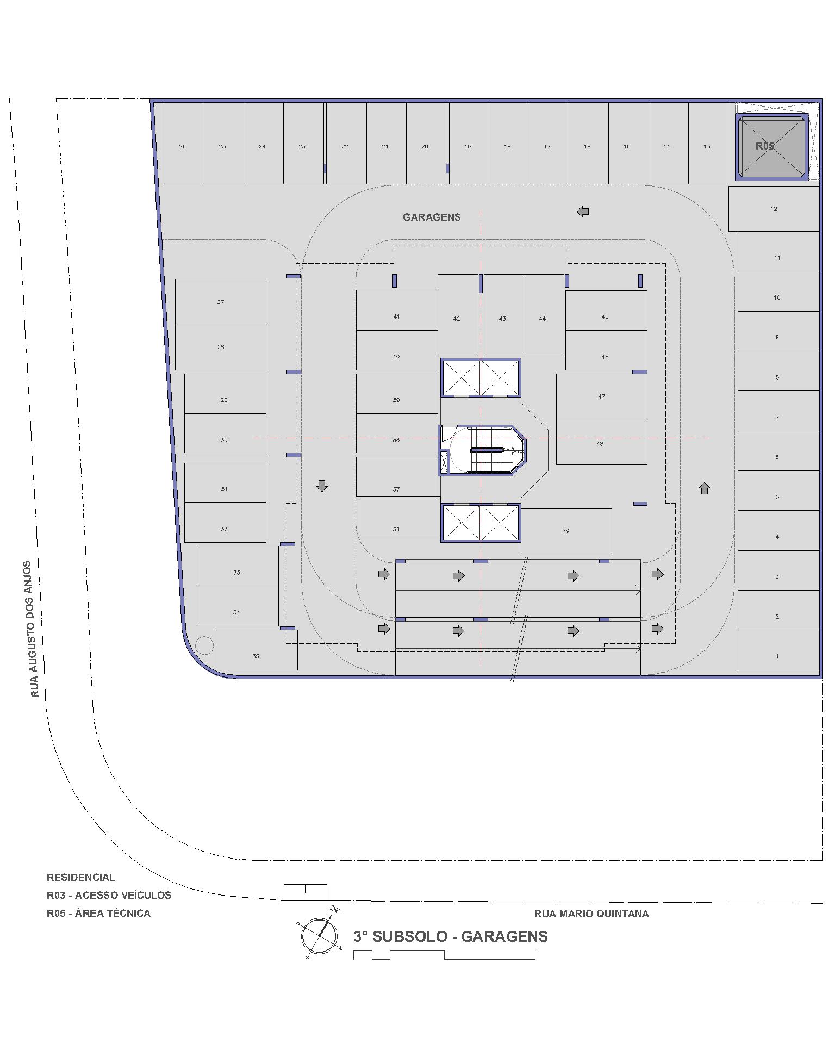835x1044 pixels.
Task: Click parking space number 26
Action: [x=184, y=144]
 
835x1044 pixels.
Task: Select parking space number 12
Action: [x=774, y=209]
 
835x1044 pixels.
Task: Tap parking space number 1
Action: [x=778, y=650]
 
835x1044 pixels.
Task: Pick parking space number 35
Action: [x=257, y=650]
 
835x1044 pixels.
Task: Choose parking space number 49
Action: [x=566, y=531]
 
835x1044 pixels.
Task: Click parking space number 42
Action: [x=458, y=315]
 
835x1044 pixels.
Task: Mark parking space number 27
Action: [x=220, y=302]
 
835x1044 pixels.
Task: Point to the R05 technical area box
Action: [x=772, y=146]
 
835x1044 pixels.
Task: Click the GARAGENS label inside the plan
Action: [x=432, y=217]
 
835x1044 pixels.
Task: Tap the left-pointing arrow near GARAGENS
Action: [x=583, y=211]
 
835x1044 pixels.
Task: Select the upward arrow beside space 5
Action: [x=705, y=488]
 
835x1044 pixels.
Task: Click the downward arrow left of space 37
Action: [x=322, y=486]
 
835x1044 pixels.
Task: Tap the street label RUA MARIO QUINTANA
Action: [x=591, y=914]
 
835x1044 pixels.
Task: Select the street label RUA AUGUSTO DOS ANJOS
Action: [x=35, y=629]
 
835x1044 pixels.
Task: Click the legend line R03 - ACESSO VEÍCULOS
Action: [x=109, y=895]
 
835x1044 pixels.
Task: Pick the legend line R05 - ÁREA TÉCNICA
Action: [x=98, y=913]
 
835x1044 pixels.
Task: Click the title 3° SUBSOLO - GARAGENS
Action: [x=451, y=936]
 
